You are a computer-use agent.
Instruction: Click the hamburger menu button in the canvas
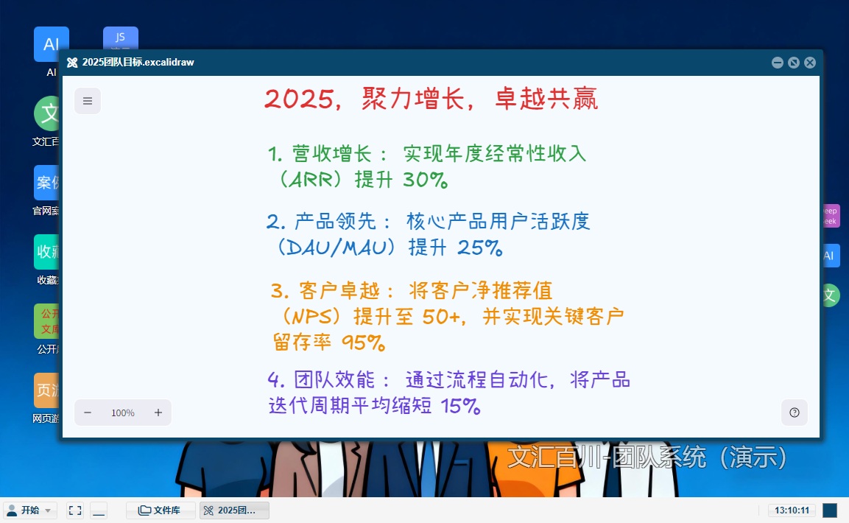[88, 101]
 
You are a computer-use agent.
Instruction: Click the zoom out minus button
[88, 413]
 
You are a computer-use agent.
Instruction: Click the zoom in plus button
[158, 413]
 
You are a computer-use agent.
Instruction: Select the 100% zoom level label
[123, 413]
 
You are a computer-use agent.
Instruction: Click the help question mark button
[795, 413]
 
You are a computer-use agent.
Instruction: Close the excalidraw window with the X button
[810, 63]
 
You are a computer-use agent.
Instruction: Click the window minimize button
[778, 63]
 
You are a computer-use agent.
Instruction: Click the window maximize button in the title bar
[794, 63]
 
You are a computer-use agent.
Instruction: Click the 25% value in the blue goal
[479, 248]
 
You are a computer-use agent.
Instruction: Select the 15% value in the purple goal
[460, 406]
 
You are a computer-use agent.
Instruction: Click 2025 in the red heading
[298, 99]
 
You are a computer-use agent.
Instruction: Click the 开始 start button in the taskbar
[30, 510]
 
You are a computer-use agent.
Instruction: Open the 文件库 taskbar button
[161, 510]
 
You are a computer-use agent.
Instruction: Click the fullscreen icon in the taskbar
[74, 510]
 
